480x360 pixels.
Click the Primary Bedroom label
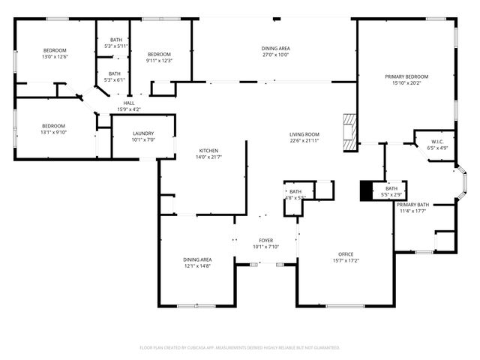coord(406,76)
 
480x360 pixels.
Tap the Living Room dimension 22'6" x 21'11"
coord(305,140)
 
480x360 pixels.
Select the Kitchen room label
coord(208,150)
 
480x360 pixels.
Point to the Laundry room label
coord(142,133)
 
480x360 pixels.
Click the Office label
coord(346,254)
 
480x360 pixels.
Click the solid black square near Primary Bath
coord(367,191)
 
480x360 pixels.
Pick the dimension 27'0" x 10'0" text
coord(275,55)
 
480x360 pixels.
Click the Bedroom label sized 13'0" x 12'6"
coord(54,49)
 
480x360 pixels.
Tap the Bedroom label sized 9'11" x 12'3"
coord(159,54)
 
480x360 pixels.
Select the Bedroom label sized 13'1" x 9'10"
coord(53,126)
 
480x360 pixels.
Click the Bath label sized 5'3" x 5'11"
coord(116,40)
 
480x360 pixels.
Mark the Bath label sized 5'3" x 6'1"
coord(115,73)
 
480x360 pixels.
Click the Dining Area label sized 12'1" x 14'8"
coord(197,259)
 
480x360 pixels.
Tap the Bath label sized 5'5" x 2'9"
coord(391,188)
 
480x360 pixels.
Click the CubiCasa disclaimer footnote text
coord(240,347)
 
